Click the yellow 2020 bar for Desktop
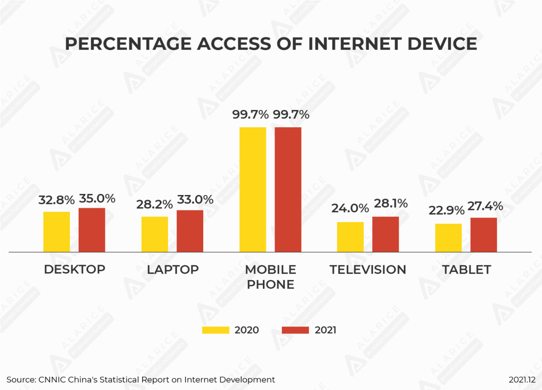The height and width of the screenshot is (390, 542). point(56,232)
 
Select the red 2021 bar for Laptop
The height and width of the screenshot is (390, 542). point(190,231)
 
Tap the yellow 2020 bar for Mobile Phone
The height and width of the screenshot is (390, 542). point(253,189)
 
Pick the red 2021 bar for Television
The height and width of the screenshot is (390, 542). point(385,234)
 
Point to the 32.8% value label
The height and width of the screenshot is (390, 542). point(56,200)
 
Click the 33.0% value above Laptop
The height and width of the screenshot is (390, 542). point(195,199)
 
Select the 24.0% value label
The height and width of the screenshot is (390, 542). point(350,208)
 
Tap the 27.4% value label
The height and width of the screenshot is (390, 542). point(485,206)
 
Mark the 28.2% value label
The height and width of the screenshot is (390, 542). point(154,204)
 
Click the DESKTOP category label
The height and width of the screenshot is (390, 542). point(74,269)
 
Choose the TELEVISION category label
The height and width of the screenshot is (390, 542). point(368,270)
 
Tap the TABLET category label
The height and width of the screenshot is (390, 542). point(466,270)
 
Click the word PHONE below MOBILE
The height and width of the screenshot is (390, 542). point(270,285)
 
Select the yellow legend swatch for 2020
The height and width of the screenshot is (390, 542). point(215,330)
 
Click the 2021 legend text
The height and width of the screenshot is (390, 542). point(325,330)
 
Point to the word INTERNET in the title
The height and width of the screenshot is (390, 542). point(354,44)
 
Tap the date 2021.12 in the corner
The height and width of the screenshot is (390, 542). point(522,380)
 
